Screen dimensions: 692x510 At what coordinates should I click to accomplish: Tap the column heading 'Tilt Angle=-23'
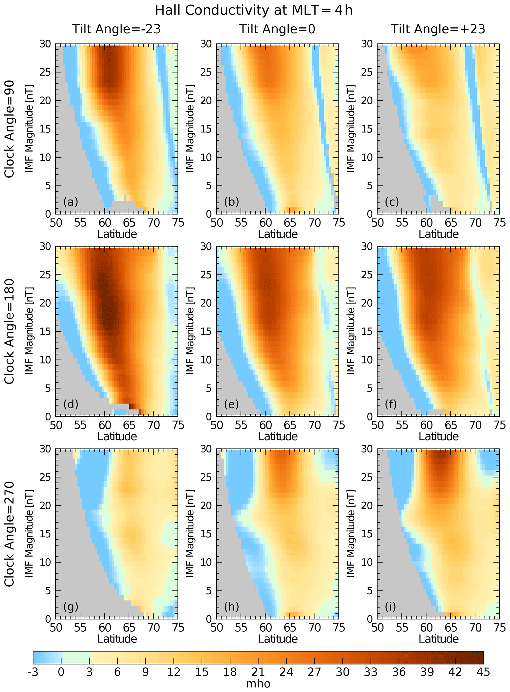click(x=116, y=29)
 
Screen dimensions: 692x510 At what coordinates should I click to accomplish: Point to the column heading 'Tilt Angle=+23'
click(x=438, y=29)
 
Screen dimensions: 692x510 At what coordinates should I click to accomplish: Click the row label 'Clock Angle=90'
click(x=9, y=129)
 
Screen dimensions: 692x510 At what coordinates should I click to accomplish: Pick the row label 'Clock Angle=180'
click(x=9, y=331)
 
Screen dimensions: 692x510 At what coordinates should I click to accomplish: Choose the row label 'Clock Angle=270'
click(x=9, y=534)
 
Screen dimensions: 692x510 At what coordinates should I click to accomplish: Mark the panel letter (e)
click(x=231, y=404)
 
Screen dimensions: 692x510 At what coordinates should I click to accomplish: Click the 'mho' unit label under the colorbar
click(x=258, y=683)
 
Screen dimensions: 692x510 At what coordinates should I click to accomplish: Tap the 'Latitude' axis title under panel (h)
click(x=278, y=639)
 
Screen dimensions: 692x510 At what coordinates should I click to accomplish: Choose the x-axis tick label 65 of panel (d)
click(x=129, y=425)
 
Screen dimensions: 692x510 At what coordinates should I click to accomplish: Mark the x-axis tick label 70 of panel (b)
click(x=315, y=223)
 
